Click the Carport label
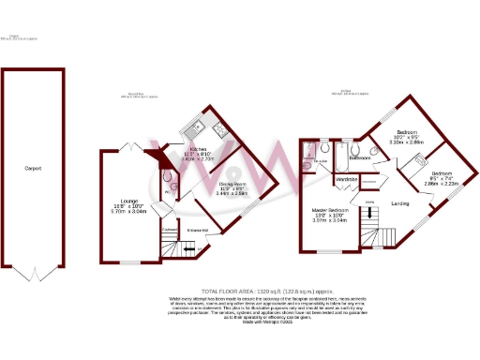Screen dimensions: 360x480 (x=32, y=169)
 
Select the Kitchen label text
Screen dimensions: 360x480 (x=198, y=148)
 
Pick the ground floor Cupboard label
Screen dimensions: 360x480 (x=168, y=228)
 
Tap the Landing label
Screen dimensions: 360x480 (x=399, y=203)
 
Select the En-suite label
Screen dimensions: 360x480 (x=321, y=162)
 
